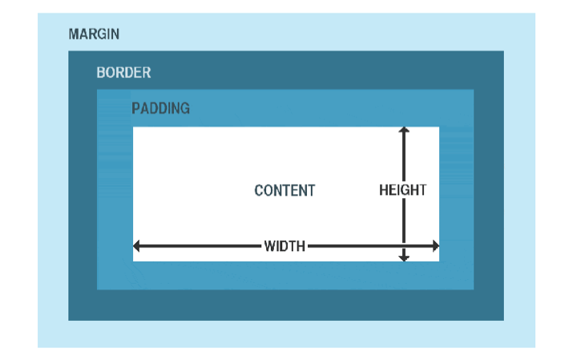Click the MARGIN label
[94, 34]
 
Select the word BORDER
[123, 73]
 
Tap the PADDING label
[160, 108]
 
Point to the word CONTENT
[284, 191]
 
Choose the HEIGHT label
[402, 191]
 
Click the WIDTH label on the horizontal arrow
[284, 246]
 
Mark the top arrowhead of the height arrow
[404, 130]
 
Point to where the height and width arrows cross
[404, 245]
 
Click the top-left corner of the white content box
[133, 127]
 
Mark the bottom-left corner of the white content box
[133, 261]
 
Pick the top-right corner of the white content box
[439, 127]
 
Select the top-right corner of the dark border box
[503, 51]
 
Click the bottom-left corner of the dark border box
[69, 320]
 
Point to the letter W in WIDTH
[270, 246]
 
